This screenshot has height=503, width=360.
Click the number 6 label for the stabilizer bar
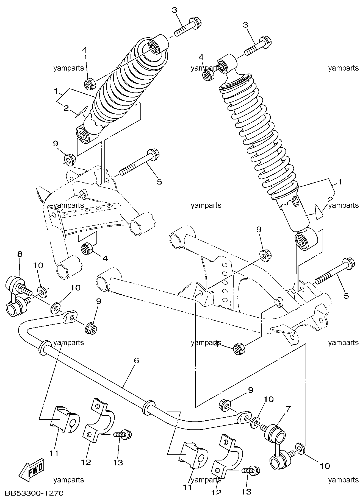point(136,361)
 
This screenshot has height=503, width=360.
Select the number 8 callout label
point(20,254)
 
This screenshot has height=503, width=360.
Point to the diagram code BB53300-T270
point(34,493)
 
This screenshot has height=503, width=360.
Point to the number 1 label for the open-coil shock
point(340,182)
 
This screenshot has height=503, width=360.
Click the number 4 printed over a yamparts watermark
point(217,343)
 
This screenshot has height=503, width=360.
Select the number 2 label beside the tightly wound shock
point(66,108)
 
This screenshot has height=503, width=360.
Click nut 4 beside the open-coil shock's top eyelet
point(208,75)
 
